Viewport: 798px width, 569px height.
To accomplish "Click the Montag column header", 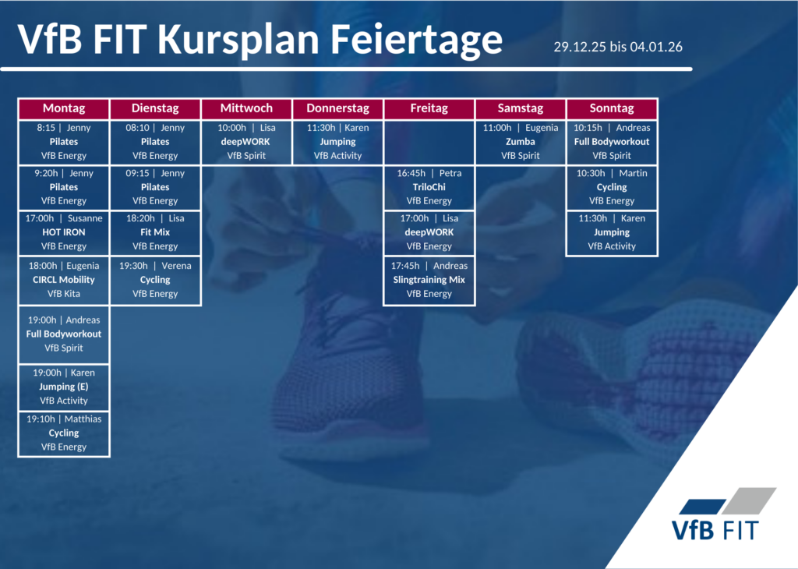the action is pyautogui.click(x=64, y=108).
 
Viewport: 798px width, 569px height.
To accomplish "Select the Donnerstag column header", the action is pyautogui.click(x=338, y=108).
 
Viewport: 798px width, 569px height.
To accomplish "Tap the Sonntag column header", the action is pyautogui.click(x=612, y=108).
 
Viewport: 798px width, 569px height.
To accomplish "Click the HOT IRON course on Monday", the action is pyautogui.click(x=64, y=232).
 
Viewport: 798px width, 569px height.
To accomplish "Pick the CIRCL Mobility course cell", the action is pyautogui.click(x=64, y=280).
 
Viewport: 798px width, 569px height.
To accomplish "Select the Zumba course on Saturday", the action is pyautogui.click(x=520, y=142).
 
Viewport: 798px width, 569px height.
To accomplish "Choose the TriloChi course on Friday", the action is pyautogui.click(x=429, y=187).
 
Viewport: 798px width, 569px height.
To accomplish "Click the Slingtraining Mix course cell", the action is pyautogui.click(x=429, y=280).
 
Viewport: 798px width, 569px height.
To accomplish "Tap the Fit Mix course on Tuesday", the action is pyautogui.click(x=155, y=232).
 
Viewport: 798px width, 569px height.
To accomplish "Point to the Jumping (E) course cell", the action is pyautogui.click(x=64, y=387).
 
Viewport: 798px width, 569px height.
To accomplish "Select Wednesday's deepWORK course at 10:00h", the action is pyautogui.click(x=247, y=142).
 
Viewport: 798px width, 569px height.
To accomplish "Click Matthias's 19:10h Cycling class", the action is pyautogui.click(x=64, y=433).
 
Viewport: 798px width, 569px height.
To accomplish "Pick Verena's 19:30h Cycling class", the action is pyautogui.click(x=155, y=280).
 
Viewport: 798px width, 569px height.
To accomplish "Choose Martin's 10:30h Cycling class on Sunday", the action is pyautogui.click(x=612, y=187).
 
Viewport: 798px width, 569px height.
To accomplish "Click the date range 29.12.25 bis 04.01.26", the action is pyautogui.click(x=618, y=47).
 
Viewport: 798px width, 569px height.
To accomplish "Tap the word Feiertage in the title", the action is pyautogui.click(x=416, y=41).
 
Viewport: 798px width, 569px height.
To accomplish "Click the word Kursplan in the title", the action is pyautogui.click(x=238, y=41).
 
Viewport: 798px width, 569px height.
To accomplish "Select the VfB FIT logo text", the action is pyautogui.click(x=715, y=530).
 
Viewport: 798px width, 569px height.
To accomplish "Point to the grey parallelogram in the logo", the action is pyautogui.click(x=749, y=501).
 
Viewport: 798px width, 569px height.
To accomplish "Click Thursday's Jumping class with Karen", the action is pyautogui.click(x=338, y=142).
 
